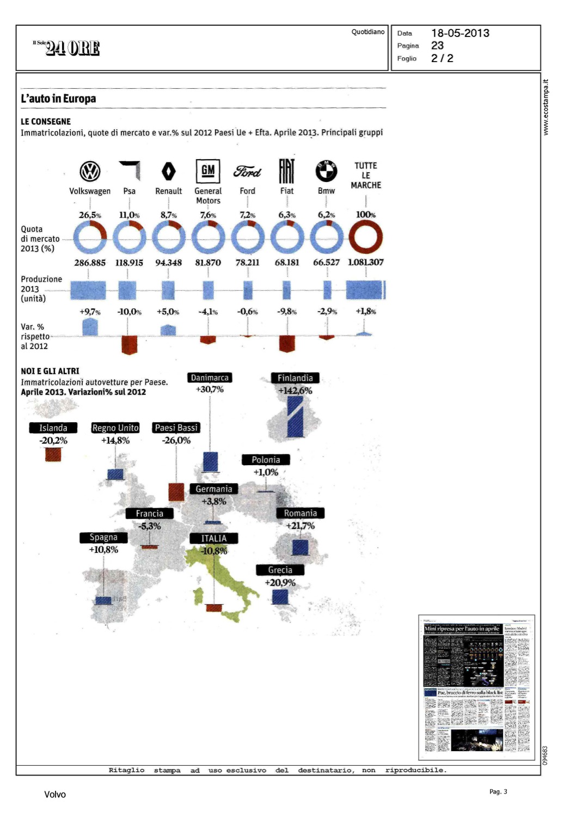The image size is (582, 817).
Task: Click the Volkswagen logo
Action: (90, 172)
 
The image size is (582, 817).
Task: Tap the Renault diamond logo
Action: (169, 172)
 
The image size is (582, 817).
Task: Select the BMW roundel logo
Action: (326, 171)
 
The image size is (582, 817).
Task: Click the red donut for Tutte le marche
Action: (365, 237)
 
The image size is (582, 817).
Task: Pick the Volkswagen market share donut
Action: (90, 237)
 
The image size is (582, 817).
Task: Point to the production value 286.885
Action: (90, 263)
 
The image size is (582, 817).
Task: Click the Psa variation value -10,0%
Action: (129, 312)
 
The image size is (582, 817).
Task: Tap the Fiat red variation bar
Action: (287, 343)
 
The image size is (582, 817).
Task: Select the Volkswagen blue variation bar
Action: (90, 327)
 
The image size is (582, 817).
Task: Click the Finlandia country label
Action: (295, 378)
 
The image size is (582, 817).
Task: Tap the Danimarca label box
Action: (210, 377)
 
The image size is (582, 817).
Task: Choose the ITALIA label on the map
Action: (213, 538)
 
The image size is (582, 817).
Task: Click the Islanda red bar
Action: (53, 454)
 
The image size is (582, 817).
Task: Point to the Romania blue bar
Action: (300, 547)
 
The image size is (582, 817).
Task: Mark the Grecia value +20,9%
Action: (280, 582)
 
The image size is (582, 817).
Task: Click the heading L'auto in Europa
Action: (58, 99)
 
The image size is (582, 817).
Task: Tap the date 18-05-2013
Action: (460, 33)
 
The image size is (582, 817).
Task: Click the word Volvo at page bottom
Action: (55, 795)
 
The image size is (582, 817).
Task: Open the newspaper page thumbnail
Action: (476, 687)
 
